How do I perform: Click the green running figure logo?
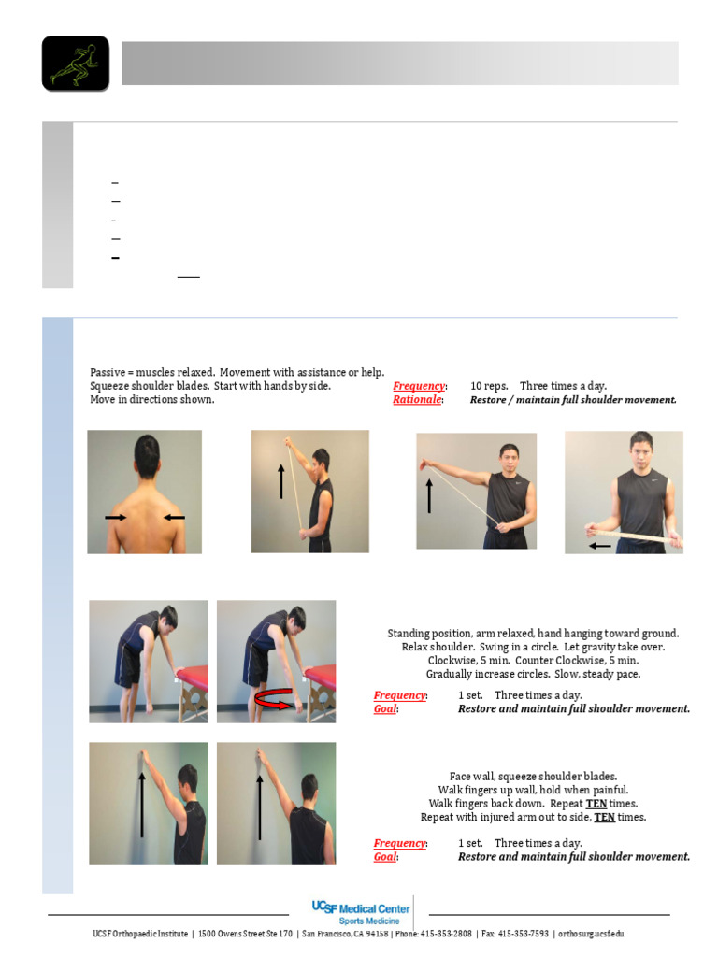(75, 64)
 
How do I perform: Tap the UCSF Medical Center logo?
(361, 912)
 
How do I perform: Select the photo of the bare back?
(144, 492)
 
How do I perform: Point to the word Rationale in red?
(417, 400)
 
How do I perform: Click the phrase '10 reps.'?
(489, 386)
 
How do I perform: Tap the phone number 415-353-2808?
(446, 934)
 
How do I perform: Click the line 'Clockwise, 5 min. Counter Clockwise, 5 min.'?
(533, 660)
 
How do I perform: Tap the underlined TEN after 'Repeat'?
(596, 804)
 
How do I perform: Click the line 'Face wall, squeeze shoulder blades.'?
(533, 777)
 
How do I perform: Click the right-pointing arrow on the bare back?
(116, 517)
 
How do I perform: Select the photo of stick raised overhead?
(309, 492)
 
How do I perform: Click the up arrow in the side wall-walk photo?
(260, 806)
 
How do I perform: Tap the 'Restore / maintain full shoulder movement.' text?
(572, 400)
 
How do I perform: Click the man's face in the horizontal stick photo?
(639, 450)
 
